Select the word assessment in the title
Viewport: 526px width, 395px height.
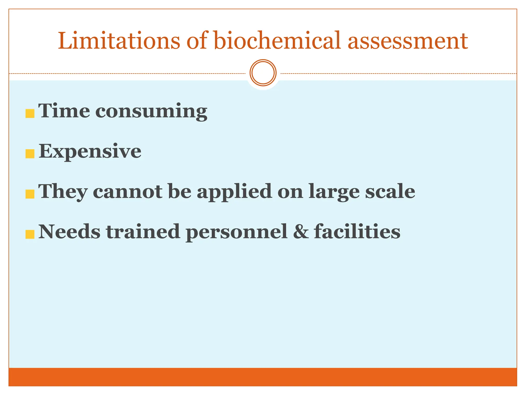click(x=408, y=41)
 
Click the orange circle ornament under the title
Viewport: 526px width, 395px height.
click(x=263, y=73)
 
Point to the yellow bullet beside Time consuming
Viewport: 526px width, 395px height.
click(x=30, y=113)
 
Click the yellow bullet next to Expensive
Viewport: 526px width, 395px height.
click(x=30, y=154)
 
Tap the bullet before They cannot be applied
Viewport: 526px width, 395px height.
click(x=30, y=194)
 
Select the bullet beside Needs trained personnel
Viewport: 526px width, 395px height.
click(x=30, y=234)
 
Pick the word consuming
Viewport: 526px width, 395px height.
click(x=151, y=112)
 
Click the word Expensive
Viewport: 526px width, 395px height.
click(x=90, y=152)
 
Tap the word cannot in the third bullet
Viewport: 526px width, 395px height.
click(x=128, y=192)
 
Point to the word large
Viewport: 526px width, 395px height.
click(x=334, y=192)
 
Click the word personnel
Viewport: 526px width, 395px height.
click(x=236, y=232)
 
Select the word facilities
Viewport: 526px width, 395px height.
click(x=357, y=231)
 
